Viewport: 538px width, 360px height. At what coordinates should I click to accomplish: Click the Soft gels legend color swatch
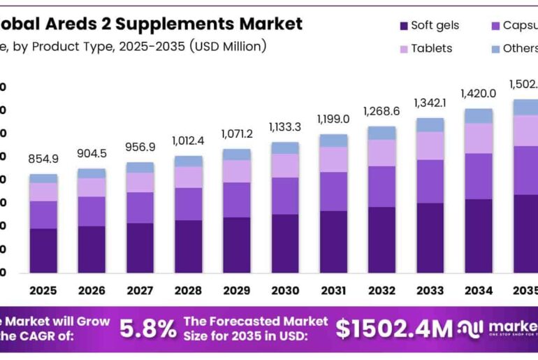click(x=403, y=26)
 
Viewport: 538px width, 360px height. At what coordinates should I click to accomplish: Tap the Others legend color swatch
click(x=495, y=48)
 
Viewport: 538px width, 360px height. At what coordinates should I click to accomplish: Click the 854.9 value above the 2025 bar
click(x=43, y=159)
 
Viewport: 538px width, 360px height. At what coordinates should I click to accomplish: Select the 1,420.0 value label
click(x=478, y=94)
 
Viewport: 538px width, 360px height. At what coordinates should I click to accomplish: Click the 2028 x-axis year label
click(x=188, y=290)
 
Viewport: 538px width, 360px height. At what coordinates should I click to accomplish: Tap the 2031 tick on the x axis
click(x=333, y=290)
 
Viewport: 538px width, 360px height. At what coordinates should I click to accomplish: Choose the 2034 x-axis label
click(x=479, y=290)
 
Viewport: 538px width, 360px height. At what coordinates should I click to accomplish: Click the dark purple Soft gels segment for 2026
click(x=92, y=249)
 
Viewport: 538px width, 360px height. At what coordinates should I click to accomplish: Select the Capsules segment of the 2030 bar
click(x=285, y=196)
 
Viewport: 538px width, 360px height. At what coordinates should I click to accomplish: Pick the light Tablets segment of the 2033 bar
click(x=430, y=145)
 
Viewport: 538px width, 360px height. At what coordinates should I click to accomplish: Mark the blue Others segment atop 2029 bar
click(x=237, y=154)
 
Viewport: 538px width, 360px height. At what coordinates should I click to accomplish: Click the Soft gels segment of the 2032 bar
click(x=381, y=240)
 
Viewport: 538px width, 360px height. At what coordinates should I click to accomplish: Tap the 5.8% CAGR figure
click(x=148, y=329)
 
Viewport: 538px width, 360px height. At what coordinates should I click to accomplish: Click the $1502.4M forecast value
click(x=394, y=329)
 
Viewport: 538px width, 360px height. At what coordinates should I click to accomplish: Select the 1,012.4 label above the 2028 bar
click(x=188, y=141)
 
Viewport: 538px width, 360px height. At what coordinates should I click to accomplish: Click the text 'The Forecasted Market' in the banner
click(x=255, y=321)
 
